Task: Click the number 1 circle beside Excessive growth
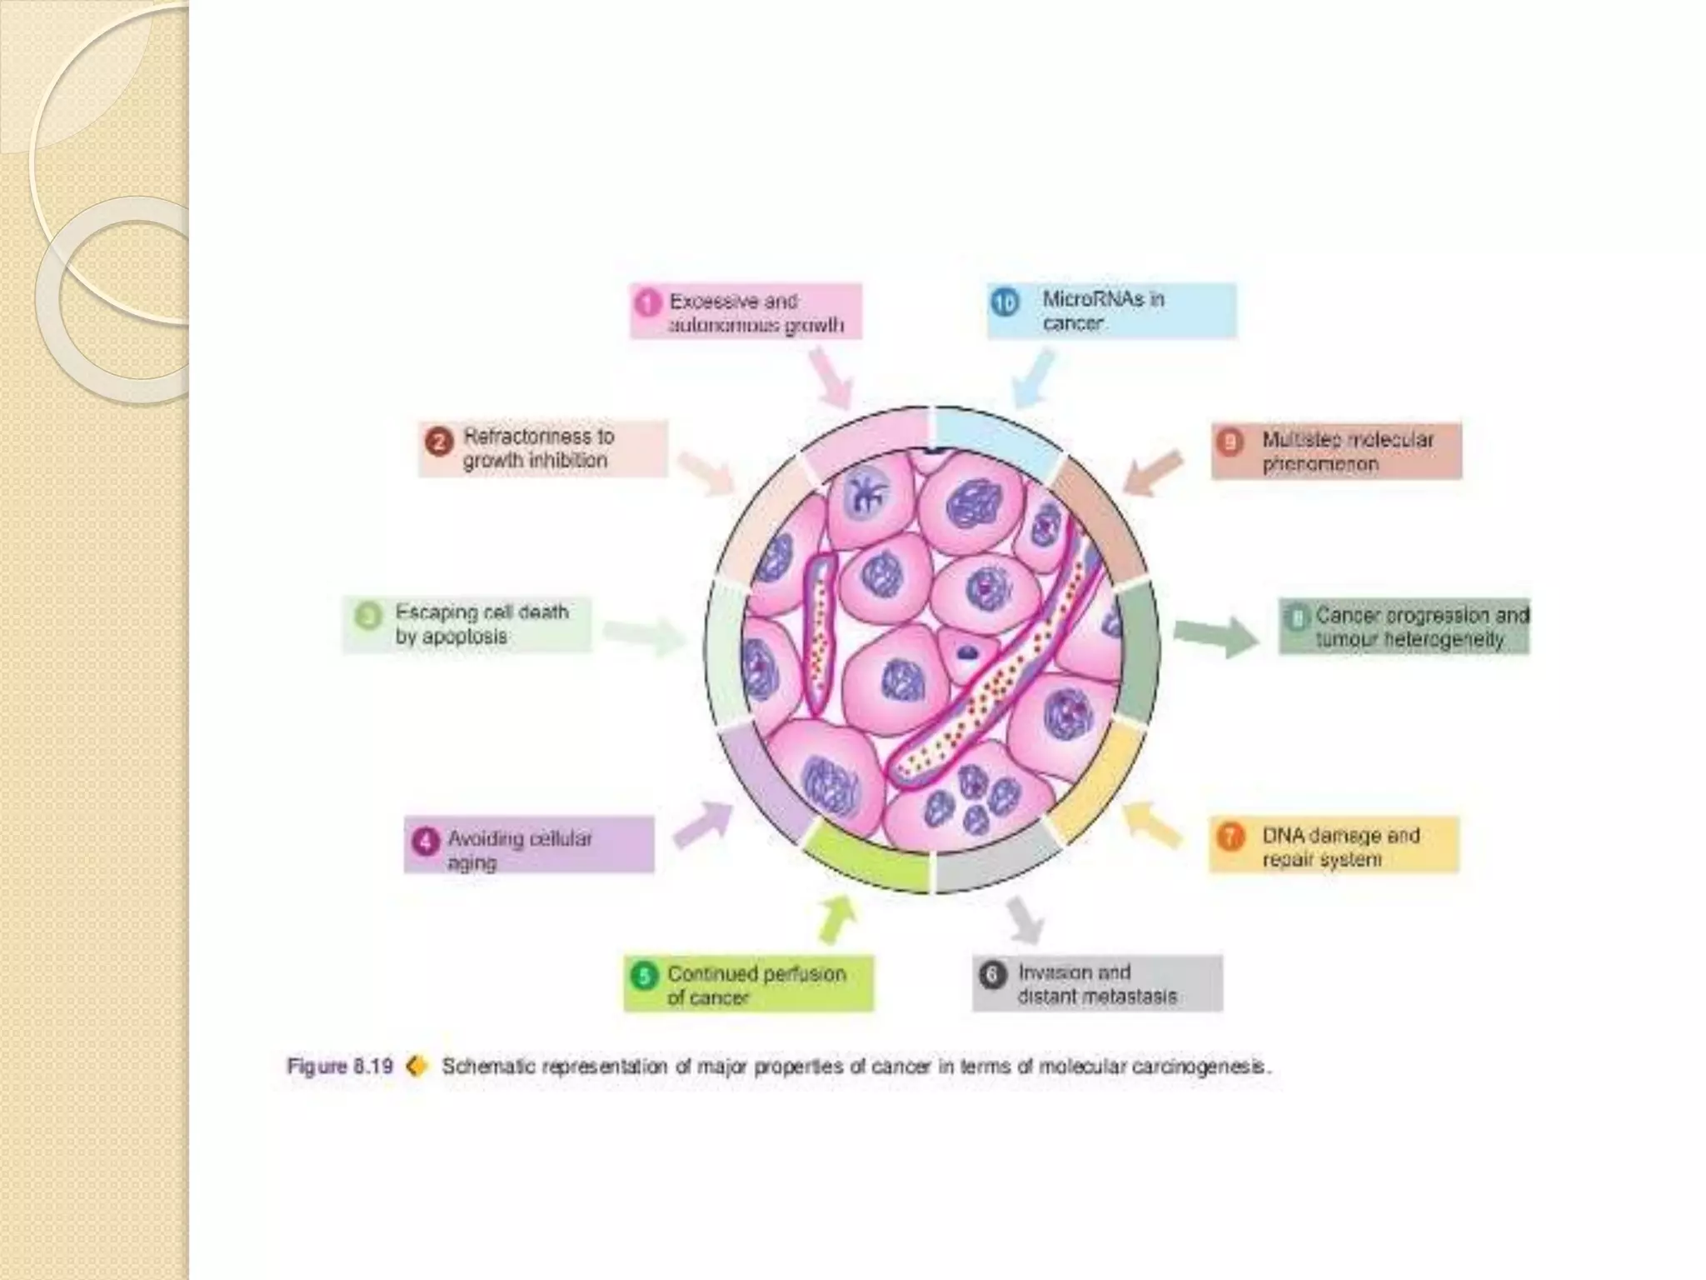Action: click(646, 302)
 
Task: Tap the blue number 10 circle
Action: click(1005, 302)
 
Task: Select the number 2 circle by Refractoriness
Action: click(440, 441)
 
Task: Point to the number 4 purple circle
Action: click(425, 841)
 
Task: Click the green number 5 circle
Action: click(644, 976)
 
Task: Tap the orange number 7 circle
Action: click(1230, 837)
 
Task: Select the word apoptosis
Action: click(451, 637)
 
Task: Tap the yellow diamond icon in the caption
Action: click(417, 1066)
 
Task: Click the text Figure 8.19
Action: click(339, 1067)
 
